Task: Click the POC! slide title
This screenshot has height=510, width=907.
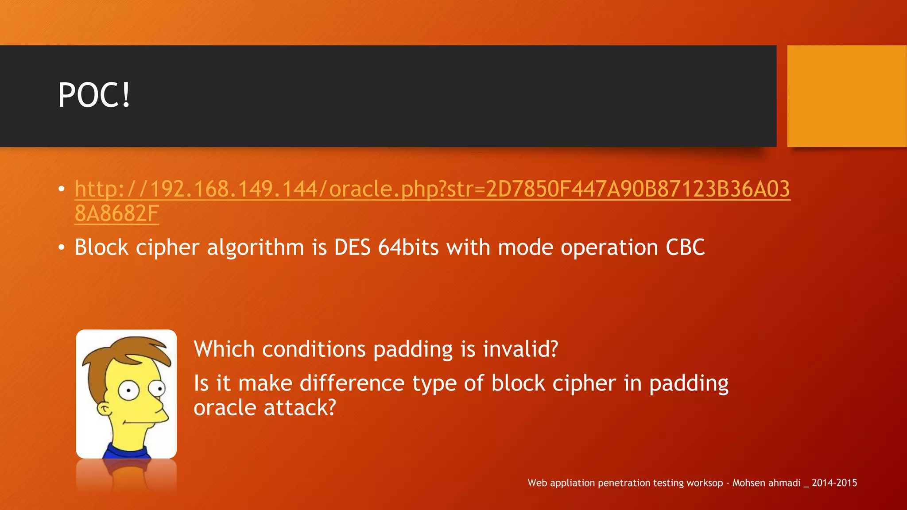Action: [94, 95]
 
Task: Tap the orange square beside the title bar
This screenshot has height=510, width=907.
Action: [846, 96]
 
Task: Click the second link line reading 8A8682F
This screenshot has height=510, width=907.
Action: [116, 214]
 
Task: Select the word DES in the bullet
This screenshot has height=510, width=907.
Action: [352, 247]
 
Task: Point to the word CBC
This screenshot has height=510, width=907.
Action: [685, 247]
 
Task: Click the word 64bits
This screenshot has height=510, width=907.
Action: [408, 247]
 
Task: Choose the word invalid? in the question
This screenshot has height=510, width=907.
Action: [520, 349]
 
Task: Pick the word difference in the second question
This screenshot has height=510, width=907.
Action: [352, 383]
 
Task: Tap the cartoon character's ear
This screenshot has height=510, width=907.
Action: [105, 408]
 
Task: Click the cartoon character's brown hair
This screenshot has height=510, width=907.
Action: [115, 354]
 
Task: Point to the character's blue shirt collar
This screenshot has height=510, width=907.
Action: [126, 452]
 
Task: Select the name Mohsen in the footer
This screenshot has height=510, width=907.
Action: [748, 483]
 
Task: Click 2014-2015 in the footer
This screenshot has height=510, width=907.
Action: [834, 483]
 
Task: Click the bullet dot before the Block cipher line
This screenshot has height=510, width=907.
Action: [62, 247]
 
